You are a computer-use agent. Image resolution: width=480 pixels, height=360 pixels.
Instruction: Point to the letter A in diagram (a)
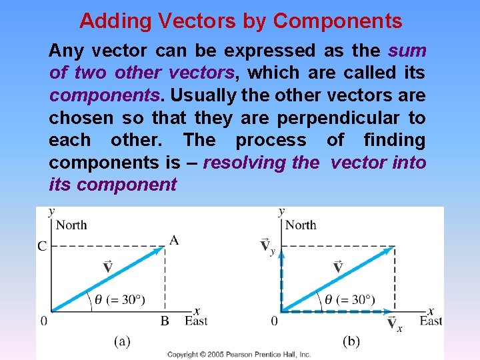tap(174, 240)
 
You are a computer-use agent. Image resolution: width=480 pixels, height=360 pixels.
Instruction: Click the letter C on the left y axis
tap(42, 247)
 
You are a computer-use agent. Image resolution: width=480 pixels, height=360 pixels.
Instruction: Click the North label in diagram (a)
tap(71, 225)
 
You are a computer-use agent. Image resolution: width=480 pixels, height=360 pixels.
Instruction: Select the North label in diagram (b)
tap(301, 225)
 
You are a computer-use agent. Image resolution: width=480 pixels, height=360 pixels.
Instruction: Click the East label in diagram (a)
tap(197, 321)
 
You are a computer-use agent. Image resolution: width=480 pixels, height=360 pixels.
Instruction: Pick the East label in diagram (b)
tap(431, 321)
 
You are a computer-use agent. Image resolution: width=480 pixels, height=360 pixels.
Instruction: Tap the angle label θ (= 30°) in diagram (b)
tap(350, 299)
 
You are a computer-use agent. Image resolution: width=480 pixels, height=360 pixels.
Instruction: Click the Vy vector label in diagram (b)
tap(267, 247)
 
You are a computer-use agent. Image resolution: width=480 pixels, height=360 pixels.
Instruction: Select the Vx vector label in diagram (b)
tap(394, 324)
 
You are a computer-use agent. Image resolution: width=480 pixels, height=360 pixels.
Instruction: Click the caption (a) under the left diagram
tap(121, 341)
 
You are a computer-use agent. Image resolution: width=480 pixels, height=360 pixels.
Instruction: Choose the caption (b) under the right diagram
tap(351, 341)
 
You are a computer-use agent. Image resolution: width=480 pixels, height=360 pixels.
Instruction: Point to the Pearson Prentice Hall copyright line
tap(239, 355)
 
